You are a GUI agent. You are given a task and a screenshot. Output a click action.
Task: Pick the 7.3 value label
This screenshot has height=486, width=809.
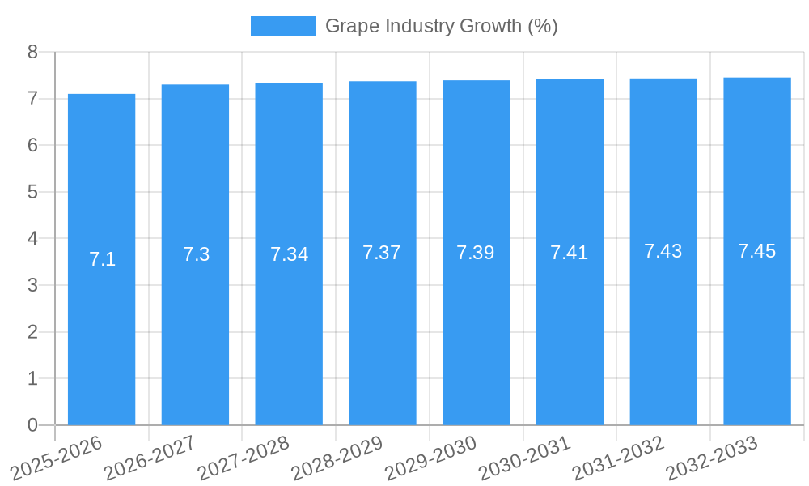[x=196, y=254]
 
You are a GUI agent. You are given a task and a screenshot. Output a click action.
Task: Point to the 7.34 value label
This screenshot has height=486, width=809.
[x=289, y=254]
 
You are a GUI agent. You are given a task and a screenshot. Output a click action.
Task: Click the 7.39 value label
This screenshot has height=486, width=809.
[x=476, y=253]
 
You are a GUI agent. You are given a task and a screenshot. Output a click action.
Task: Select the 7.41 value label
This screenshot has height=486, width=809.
[x=570, y=253]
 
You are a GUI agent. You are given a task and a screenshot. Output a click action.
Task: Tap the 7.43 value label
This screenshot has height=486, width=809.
[x=663, y=251]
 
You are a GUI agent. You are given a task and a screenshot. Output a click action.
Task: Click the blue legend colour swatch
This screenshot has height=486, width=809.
[x=282, y=26]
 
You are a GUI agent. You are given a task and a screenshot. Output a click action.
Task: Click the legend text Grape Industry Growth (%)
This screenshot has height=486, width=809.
[x=441, y=26]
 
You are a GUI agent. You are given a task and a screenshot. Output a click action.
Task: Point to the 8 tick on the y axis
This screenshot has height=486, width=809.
[x=32, y=52]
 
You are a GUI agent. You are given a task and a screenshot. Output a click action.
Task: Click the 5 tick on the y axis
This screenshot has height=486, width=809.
[x=32, y=192]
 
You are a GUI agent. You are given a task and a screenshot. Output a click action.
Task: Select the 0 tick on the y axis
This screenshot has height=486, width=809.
[x=32, y=425]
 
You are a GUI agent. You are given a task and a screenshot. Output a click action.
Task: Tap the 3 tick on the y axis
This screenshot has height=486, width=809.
[x=32, y=285]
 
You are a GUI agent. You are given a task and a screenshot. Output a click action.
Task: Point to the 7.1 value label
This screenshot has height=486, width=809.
[x=102, y=259]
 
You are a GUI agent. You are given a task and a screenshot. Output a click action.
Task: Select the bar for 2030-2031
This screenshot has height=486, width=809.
[x=570, y=340]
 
